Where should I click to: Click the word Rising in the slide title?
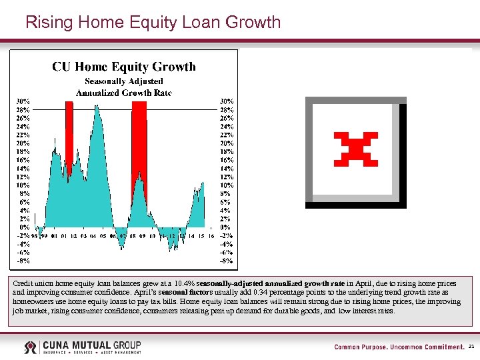point(49,23)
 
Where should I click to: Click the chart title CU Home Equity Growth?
point(124,67)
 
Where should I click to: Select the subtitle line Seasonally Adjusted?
point(124,81)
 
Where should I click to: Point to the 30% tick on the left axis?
point(23,101)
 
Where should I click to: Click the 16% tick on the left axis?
point(23,160)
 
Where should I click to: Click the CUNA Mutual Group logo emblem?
point(31,347)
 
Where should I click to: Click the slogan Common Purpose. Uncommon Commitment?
point(399,347)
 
